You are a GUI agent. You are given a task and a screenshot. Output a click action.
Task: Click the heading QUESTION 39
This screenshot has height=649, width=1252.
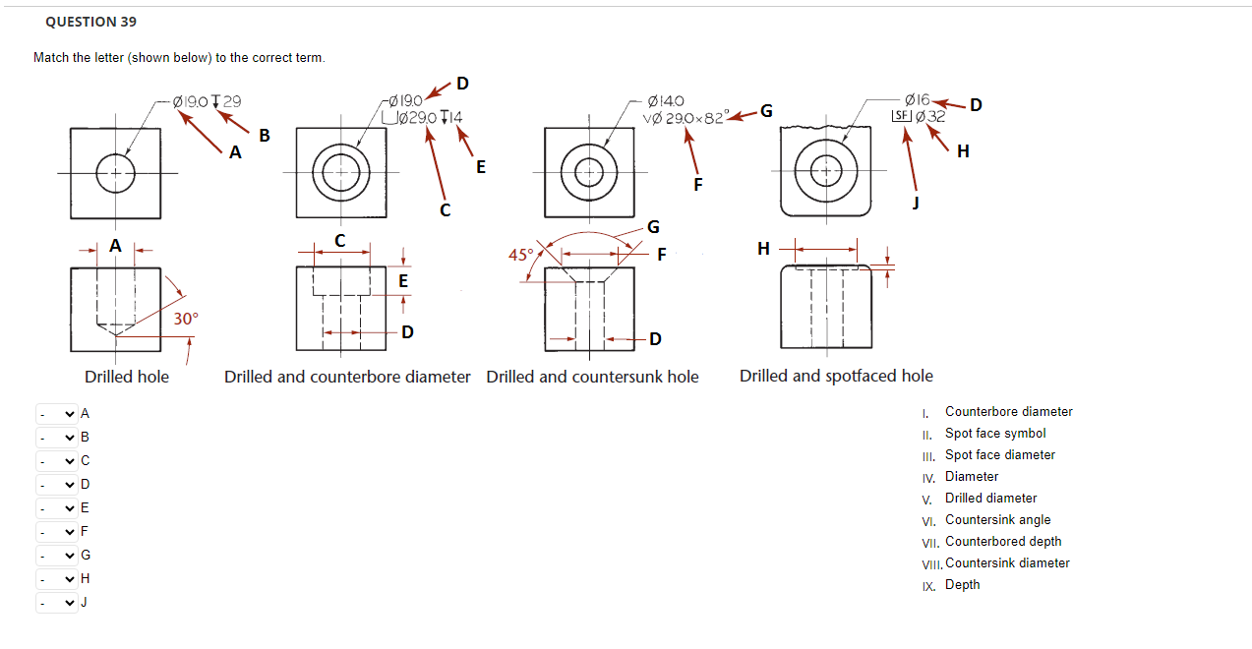pos(90,22)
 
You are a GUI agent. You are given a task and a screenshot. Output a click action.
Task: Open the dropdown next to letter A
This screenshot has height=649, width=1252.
pos(57,414)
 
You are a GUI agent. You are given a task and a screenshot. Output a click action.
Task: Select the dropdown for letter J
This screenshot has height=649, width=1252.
pos(57,603)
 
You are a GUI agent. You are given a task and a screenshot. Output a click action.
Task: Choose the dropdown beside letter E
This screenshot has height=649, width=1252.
pos(57,508)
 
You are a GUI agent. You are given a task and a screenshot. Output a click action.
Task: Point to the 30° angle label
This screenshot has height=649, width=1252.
pos(186,319)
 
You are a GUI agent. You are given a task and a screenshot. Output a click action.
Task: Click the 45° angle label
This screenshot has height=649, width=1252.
pos(519,255)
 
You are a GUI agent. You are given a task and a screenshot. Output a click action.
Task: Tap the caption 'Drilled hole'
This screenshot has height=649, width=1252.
pos(126,377)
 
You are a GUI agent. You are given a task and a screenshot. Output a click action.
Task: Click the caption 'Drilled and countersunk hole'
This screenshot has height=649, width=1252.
pos(592,377)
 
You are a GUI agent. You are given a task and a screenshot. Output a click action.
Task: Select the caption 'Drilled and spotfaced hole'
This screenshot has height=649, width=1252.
pos(836,376)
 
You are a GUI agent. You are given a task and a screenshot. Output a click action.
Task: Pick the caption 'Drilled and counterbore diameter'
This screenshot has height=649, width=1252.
pos(347,377)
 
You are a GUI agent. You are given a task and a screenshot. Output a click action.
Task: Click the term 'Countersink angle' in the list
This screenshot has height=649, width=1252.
pos(997,520)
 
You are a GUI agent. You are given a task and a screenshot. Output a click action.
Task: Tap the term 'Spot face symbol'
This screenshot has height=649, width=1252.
pos(995,434)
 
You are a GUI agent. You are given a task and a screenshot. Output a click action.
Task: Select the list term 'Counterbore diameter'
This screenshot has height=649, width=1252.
pos(1008,412)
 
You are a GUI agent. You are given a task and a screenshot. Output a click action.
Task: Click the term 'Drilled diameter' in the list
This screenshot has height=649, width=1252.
pos(990,499)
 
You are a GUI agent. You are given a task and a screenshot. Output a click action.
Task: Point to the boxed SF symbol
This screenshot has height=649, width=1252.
pos(899,117)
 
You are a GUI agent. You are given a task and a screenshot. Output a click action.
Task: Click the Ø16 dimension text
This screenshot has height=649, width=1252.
pos(916,100)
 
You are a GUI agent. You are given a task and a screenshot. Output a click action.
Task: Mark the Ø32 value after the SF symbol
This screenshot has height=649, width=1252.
pos(930,117)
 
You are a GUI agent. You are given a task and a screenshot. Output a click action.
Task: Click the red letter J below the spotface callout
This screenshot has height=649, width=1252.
pos(916,203)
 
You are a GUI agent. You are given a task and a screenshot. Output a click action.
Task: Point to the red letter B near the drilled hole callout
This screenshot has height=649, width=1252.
pos(265,135)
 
